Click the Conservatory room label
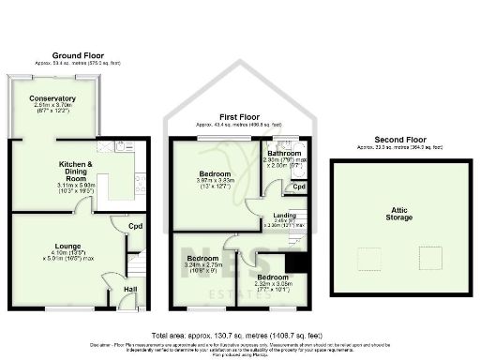click(x=53, y=97)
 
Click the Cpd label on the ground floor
click(x=135, y=226)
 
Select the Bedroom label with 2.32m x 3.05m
click(x=273, y=278)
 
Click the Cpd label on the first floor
click(x=298, y=187)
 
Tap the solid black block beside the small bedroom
click(x=299, y=263)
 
